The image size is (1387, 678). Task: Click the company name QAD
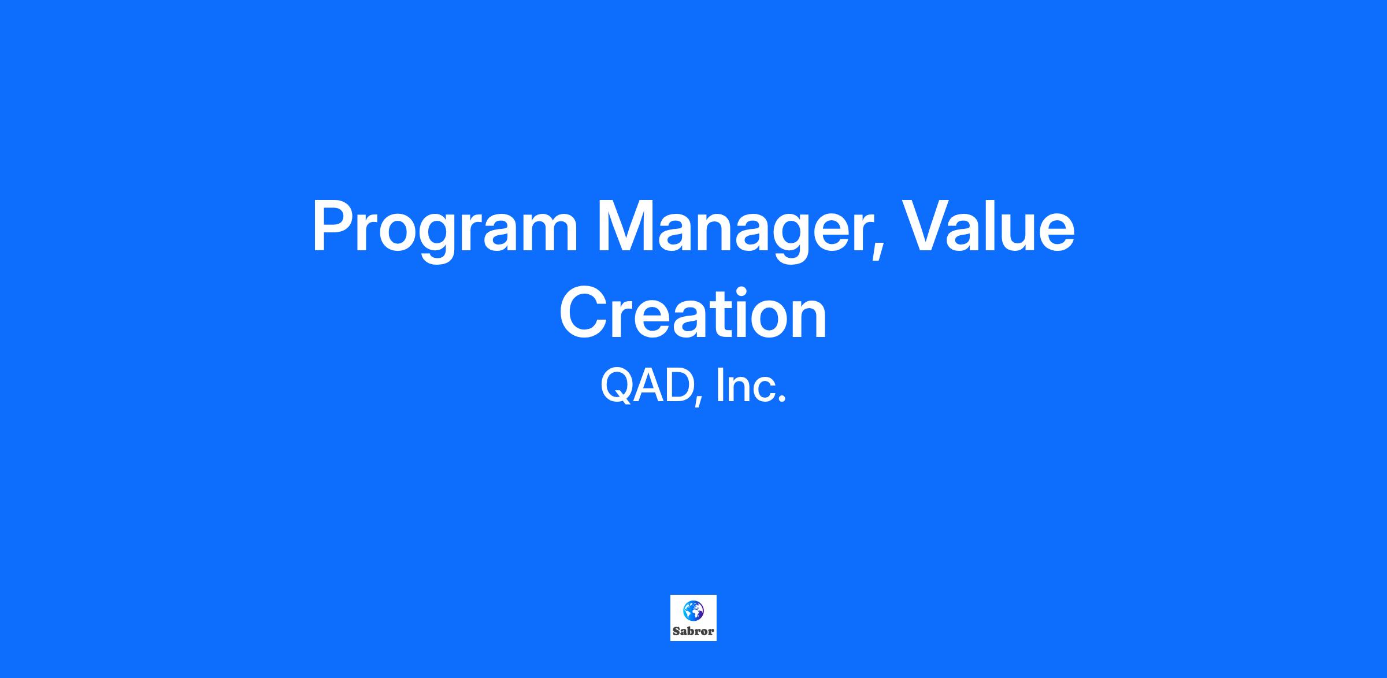[x=647, y=387]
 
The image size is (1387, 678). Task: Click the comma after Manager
[x=877, y=250]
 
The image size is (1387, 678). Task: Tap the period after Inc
[x=782, y=399]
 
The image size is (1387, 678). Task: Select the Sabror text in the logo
[x=693, y=631]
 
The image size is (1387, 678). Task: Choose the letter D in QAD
[x=678, y=386]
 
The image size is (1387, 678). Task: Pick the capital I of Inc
[x=720, y=386]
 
